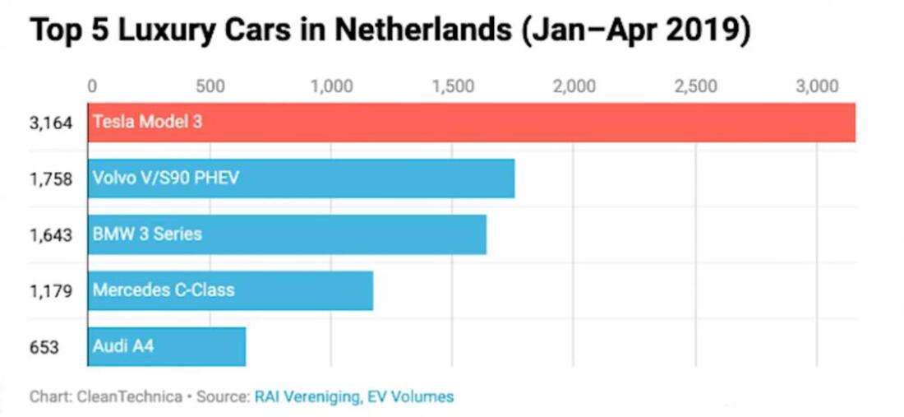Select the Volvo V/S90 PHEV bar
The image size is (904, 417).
pos(301,178)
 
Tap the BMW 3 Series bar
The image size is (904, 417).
pos(287,234)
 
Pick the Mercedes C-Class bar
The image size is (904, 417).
pos(230,290)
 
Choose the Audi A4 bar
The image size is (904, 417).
pos(167,346)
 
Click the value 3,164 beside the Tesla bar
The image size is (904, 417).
pos(52,123)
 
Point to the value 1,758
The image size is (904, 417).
pos(52,178)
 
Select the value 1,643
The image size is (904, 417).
pos(52,234)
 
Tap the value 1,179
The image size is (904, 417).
pos(52,290)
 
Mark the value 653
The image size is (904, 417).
pos(44,347)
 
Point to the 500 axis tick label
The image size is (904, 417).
pos(210,86)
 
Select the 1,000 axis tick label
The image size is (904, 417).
pos(332,86)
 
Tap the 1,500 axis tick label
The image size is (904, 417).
pos(452,86)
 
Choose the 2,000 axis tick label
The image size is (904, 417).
pos(574,86)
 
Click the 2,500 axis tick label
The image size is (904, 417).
pos(695,86)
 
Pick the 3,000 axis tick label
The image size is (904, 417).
pos(817,86)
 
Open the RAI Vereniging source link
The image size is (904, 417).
pos(307,396)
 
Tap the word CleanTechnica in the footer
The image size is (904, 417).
pos(130,396)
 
